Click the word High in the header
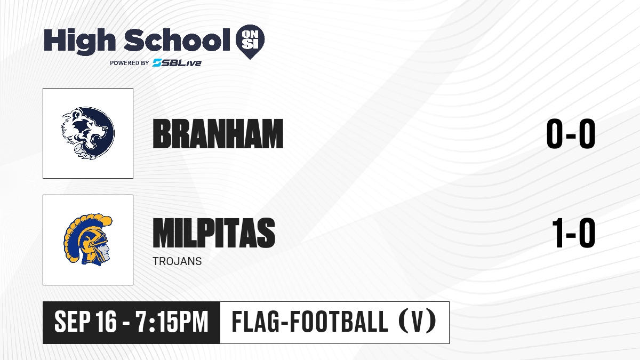click(79, 41)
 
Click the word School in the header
click(177, 40)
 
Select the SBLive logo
click(177, 63)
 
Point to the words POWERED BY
click(130, 63)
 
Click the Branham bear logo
click(88, 133)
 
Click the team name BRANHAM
click(218, 134)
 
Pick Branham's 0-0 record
click(571, 134)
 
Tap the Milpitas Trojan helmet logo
click(87, 239)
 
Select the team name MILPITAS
click(214, 233)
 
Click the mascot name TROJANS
click(177, 261)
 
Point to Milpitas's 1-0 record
click(574, 233)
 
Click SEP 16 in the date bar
click(85, 322)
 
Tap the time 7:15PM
click(172, 322)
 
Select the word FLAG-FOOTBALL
click(310, 322)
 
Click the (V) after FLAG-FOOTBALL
click(417, 322)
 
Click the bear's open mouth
click(99, 137)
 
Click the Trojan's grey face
click(105, 250)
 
